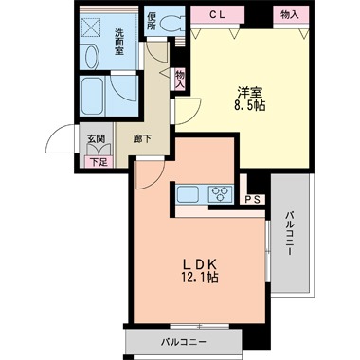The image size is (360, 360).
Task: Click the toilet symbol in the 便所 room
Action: point(171,23)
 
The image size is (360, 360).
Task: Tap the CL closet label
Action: point(218,14)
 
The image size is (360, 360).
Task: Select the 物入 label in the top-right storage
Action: point(290,14)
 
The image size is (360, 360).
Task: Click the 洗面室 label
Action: point(119,42)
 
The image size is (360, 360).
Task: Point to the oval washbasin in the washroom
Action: point(91,57)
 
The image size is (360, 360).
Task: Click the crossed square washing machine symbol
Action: point(91,27)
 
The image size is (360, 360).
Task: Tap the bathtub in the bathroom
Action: point(93,96)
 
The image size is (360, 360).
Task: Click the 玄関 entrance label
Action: point(97,138)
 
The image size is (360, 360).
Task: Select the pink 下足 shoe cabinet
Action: point(99,162)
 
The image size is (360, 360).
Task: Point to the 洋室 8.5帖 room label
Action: point(251,99)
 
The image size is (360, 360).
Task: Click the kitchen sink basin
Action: point(188,194)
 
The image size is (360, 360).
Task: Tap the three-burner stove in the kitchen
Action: point(220,194)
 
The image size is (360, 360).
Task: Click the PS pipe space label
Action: point(253,200)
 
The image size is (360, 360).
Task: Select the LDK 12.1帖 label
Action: point(200,270)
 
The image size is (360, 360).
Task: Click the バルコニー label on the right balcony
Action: point(290,234)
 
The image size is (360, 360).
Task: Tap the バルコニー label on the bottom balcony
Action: point(184,342)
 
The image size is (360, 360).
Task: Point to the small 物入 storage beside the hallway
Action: point(180,80)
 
